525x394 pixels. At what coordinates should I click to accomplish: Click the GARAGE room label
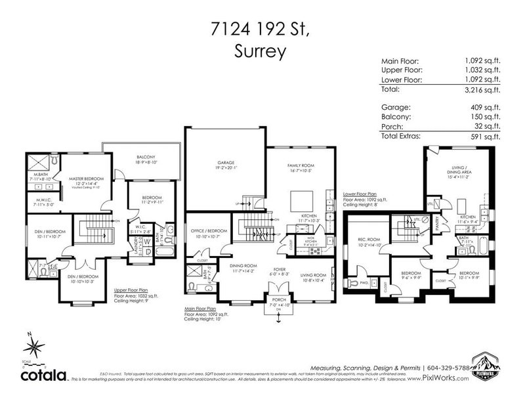(225, 162)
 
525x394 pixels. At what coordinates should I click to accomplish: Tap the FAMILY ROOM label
(301, 166)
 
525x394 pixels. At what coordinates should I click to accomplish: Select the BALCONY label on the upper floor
(146, 156)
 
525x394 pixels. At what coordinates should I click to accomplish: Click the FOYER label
(280, 269)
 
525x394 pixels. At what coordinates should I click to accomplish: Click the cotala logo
(43, 375)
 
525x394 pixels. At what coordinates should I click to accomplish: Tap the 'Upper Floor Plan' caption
(131, 289)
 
